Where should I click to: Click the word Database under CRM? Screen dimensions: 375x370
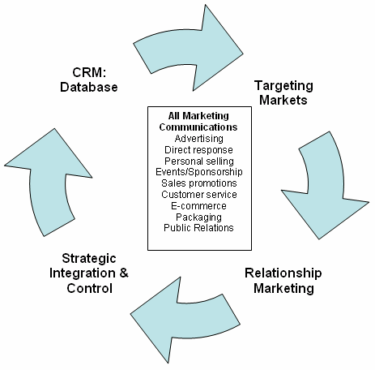89,87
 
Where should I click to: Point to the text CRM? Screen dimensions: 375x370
89,72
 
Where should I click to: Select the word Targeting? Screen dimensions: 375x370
283,87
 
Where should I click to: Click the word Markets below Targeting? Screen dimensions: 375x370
283,100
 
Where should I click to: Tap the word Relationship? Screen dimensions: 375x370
283,273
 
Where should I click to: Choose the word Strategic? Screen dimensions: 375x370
89,259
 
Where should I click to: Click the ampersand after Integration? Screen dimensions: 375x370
124,273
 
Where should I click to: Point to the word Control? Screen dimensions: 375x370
90,288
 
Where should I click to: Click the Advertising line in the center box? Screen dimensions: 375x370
199,139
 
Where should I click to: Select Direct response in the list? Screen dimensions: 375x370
198,150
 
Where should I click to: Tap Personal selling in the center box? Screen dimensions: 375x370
199,161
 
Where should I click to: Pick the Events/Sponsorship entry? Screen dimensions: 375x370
199,172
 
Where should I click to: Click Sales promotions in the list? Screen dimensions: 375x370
199,183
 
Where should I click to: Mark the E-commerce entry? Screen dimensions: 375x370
198,206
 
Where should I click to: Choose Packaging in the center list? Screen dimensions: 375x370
199,217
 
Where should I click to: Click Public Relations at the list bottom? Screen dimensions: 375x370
198,228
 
